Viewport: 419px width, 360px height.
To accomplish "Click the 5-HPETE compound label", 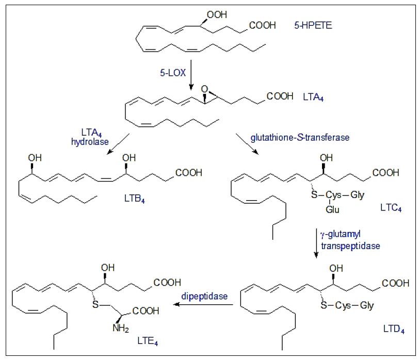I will [313, 24].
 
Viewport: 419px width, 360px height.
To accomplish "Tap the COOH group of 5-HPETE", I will [262, 25].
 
